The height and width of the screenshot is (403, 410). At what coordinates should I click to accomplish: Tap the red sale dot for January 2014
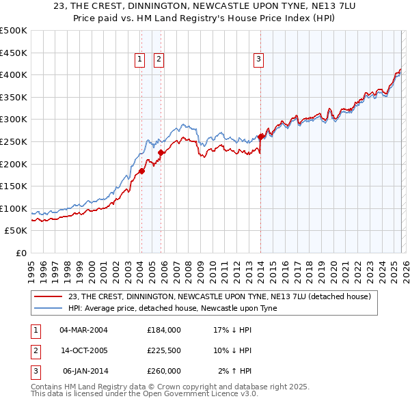pos(260,137)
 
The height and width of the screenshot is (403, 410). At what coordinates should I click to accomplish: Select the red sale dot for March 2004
pos(141,171)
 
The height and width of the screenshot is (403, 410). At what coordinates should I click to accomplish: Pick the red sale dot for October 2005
pos(161,152)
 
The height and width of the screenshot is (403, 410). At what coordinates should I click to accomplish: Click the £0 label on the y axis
pos(21,253)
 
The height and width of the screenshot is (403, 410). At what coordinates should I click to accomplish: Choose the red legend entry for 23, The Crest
pos(219,296)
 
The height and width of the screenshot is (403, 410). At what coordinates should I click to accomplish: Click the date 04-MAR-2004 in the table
pos(83,329)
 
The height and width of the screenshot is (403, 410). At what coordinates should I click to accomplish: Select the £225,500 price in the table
pos(164,350)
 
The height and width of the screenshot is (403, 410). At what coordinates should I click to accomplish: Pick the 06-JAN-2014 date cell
pos(83,371)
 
